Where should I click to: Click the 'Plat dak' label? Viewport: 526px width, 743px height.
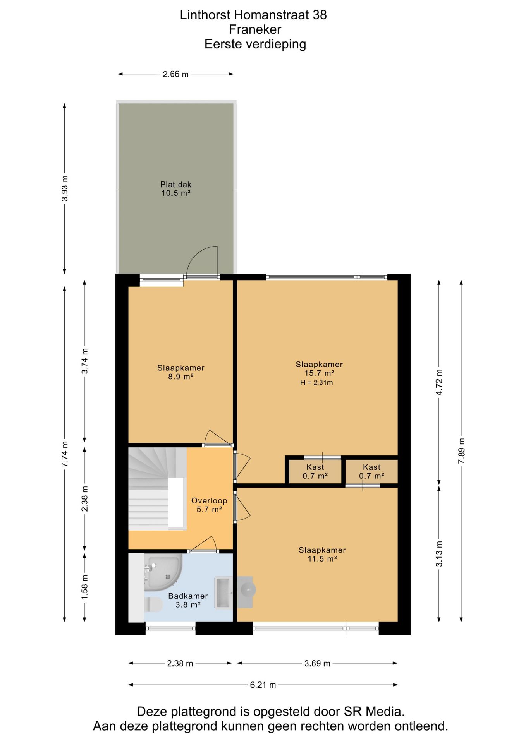176,185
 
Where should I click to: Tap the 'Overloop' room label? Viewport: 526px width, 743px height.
209,500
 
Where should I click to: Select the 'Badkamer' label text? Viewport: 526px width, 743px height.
188,596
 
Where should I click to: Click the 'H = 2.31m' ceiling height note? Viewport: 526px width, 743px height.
316,383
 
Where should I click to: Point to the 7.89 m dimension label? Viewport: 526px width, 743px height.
461,451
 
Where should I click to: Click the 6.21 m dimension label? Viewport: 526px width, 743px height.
263,685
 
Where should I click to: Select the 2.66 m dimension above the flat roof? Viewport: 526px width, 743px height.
175,74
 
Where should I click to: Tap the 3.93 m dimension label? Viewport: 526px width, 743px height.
65,188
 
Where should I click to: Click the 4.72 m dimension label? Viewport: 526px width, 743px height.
439,382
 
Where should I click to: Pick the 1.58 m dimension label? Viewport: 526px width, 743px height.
84,587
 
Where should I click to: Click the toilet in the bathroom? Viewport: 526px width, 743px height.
153,604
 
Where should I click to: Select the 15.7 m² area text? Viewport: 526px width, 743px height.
319,373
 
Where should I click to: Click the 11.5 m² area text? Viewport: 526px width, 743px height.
322,559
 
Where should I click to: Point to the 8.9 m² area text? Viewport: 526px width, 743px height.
180,377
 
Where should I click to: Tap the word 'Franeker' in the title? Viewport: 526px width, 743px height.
255,29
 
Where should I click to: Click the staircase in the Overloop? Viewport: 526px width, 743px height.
157,489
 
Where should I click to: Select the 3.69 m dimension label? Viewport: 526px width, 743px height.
317,663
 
